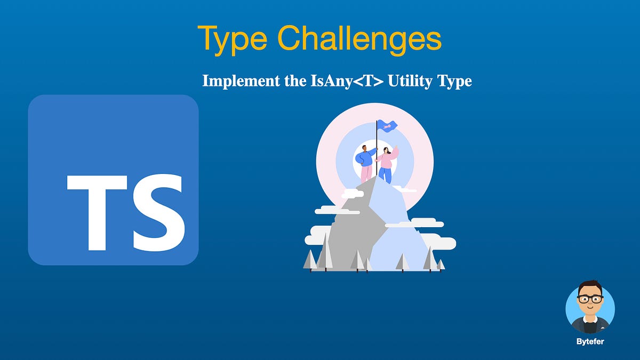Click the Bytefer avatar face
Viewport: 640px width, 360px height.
tap(590, 301)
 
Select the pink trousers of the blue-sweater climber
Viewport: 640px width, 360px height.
tap(366, 173)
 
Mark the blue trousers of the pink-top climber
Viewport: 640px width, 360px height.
tap(386, 174)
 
